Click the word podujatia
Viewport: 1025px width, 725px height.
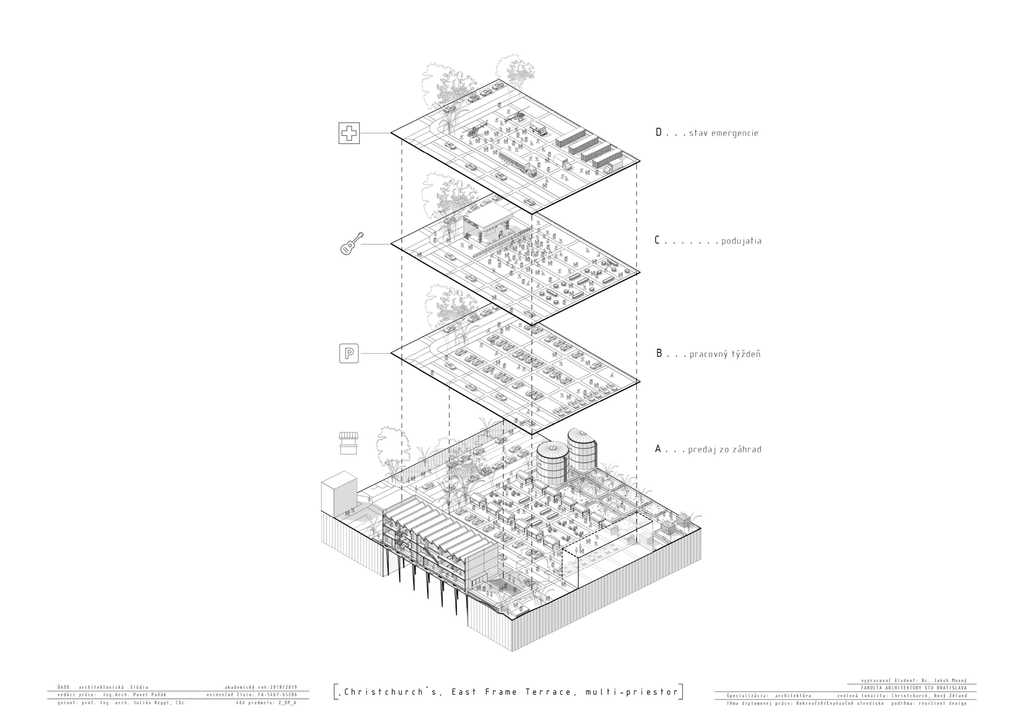(x=741, y=241)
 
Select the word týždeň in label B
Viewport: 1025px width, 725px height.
(x=745, y=354)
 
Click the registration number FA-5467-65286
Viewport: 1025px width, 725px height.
(x=277, y=695)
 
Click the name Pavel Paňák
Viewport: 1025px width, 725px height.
(x=150, y=695)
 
